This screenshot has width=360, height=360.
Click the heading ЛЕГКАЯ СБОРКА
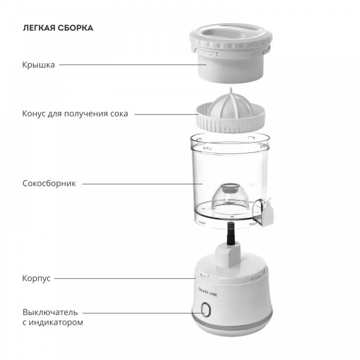(x=58, y=28)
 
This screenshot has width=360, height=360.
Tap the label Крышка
(x=39, y=65)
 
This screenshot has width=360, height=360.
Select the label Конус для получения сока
(x=75, y=114)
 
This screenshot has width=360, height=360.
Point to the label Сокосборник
(x=49, y=184)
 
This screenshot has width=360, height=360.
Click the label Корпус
(x=36, y=278)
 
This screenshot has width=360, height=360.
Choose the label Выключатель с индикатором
(x=53, y=317)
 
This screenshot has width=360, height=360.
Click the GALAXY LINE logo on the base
(x=207, y=292)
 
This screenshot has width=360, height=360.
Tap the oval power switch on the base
(x=206, y=310)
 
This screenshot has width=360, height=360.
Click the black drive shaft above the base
(x=231, y=234)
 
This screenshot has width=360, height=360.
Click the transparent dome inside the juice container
(x=230, y=198)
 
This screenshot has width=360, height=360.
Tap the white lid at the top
(x=231, y=53)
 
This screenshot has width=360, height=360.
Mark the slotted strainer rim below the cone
(x=230, y=121)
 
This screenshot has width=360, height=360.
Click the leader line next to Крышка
(x=132, y=65)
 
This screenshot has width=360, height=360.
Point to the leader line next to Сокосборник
(x=142, y=184)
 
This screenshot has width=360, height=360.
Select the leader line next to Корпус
(x=125, y=279)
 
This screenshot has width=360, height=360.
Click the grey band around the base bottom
(x=232, y=321)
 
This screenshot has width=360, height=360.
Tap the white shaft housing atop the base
(x=228, y=255)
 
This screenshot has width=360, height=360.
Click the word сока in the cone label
(x=119, y=114)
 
